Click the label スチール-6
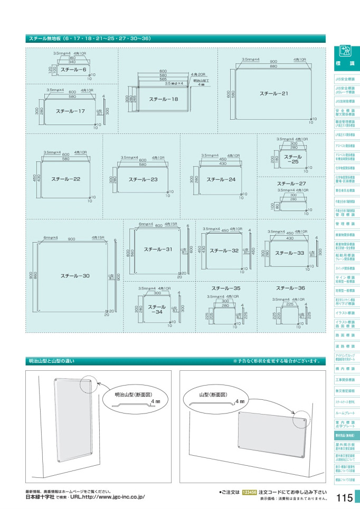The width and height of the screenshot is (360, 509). coord(73,70)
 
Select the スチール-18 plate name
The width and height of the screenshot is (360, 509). coord(163,99)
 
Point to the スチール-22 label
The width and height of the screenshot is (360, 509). coord(65,179)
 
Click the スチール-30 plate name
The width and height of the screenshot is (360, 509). coord(74,275)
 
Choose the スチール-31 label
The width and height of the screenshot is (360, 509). coord(158,249)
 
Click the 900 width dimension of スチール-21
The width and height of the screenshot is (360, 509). coord(273,61)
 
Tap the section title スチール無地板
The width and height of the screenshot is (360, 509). coord(44,39)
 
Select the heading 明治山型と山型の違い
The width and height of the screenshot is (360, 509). coord(51,361)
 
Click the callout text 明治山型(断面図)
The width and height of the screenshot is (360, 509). coord(134,394)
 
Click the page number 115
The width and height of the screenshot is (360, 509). coord(344,497)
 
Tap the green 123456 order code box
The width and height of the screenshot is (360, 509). coord(249,492)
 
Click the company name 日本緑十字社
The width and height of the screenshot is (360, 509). coord(40,497)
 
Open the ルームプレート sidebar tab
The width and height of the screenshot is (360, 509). coord(345,413)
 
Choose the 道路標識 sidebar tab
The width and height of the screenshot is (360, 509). coord(345,346)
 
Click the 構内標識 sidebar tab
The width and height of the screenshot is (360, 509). coord(345,368)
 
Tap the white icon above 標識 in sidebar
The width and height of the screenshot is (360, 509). coord(345,52)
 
